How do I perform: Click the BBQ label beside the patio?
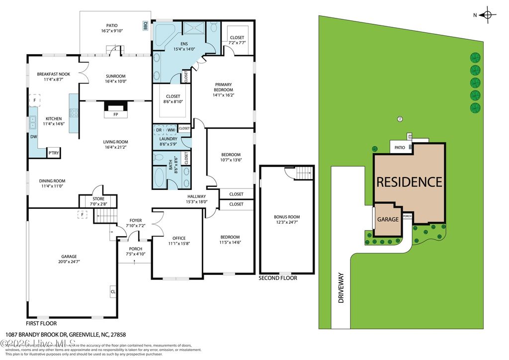pyautogui.click(x=146, y=25)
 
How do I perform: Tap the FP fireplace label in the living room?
pyautogui.click(x=115, y=114)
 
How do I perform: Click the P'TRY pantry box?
pyautogui.click(x=54, y=153)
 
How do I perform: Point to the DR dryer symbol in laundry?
pyautogui.click(x=159, y=130)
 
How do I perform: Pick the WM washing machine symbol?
pyautogui.click(x=170, y=130)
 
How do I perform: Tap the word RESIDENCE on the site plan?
pyautogui.click(x=409, y=182)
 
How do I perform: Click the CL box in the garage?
pyautogui.click(x=113, y=292)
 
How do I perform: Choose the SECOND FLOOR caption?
pyautogui.click(x=278, y=278)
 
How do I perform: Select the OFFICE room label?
pyautogui.click(x=178, y=238)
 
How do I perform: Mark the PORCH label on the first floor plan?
pyautogui.click(x=135, y=249)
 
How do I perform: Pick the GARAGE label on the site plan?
pyautogui.click(x=388, y=219)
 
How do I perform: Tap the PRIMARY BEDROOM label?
pyautogui.click(x=223, y=87)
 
